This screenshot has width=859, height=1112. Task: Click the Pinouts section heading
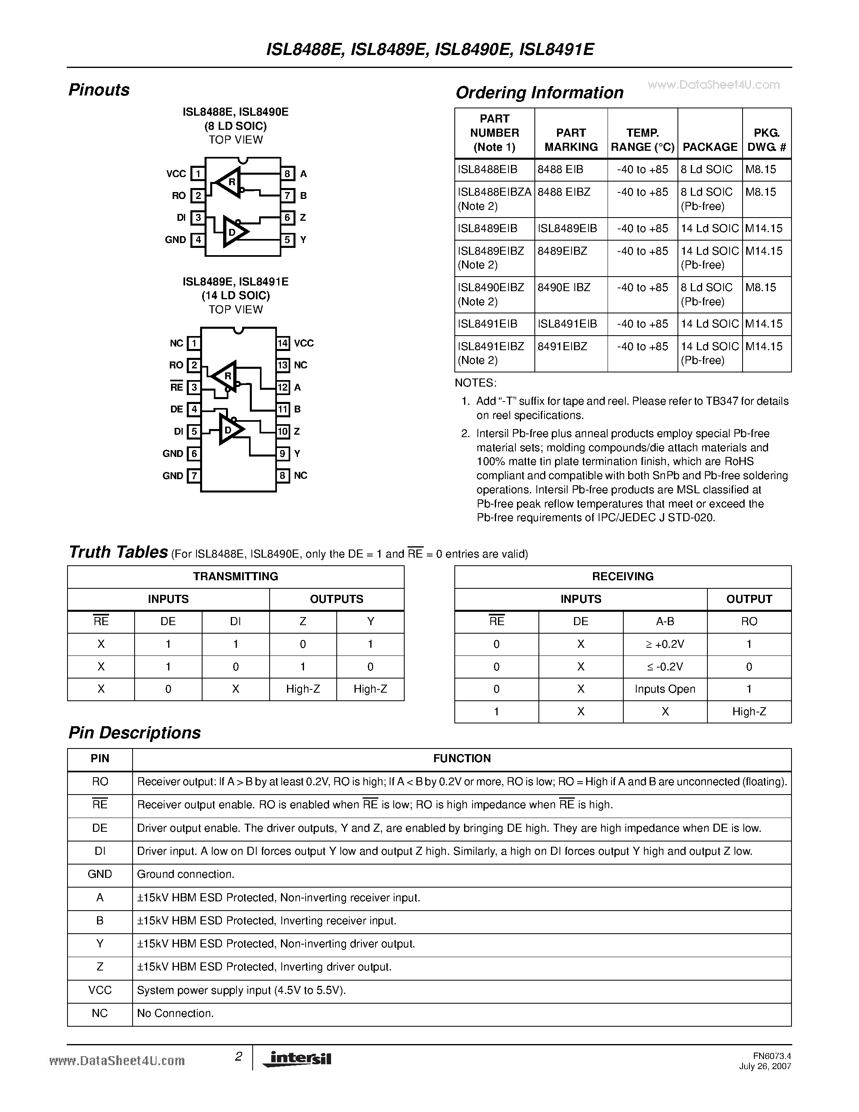[99, 90]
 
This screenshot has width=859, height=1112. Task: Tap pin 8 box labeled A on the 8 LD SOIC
[287, 173]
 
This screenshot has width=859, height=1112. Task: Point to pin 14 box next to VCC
[283, 343]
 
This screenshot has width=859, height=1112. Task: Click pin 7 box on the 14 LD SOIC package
[193, 476]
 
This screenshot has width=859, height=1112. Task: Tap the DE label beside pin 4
[177, 409]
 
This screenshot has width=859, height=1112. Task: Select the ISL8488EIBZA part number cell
[494, 192]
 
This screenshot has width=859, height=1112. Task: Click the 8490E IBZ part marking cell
[564, 288]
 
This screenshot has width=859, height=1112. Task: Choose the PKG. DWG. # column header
[766, 140]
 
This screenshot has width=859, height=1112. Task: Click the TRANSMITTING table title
[236, 576]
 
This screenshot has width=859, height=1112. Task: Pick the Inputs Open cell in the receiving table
[665, 689]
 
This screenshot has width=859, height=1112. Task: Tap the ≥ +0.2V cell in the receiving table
[665, 644]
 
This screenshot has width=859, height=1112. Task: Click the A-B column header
[665, 621]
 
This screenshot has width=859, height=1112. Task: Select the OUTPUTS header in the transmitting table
[336, 599]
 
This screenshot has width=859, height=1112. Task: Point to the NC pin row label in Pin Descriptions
[100, 1013]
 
